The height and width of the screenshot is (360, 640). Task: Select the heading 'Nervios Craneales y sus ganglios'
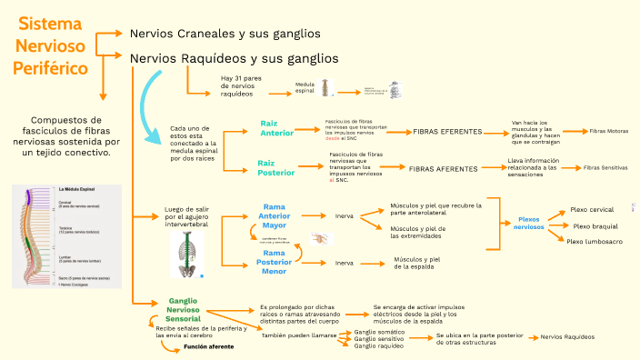click(225, 34)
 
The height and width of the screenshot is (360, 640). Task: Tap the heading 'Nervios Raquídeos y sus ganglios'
click(235, 58)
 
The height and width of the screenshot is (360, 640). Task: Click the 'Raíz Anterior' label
click(276, 128)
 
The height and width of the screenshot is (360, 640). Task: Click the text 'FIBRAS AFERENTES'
click(443, 169)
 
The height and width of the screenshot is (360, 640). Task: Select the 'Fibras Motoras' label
click(608, 132)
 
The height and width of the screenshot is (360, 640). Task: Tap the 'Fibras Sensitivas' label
click(605, 168)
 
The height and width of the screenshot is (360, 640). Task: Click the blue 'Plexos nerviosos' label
click(529, 223)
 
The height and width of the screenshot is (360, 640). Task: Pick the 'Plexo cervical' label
click(592, 209)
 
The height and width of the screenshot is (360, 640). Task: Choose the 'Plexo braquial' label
click(595, 225)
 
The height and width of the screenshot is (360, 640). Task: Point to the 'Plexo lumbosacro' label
click(595, 242)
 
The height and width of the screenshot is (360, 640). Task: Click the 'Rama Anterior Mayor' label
click(275, 215)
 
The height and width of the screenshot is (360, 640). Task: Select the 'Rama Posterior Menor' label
click(275, 262)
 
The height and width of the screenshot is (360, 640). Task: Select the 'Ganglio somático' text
click(376, 332)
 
